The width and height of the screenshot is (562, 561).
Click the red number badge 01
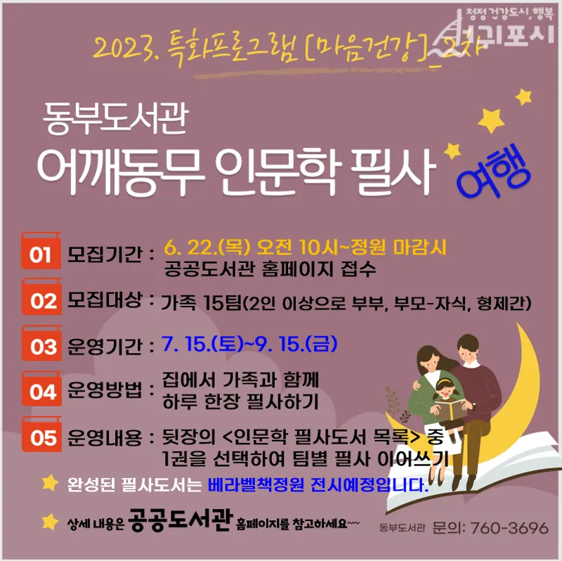coord(41,251)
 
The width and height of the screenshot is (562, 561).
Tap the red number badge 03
coord(41,343)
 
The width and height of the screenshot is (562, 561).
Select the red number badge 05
coord(41,434)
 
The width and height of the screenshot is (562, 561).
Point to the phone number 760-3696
coord(509,528)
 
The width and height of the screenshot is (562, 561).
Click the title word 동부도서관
coord(115,117)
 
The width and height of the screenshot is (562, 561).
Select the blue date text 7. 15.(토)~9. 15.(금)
coord(249,344)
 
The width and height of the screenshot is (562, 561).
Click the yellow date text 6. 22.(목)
coord(207,247)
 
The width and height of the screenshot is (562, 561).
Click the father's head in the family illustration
coord(467,348)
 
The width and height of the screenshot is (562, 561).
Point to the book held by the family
coord(450,410)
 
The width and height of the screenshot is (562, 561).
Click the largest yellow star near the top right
coord(491,120)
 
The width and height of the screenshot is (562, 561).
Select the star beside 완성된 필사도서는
coord(50,482)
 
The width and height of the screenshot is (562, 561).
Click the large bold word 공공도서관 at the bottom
coord(181,520)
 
